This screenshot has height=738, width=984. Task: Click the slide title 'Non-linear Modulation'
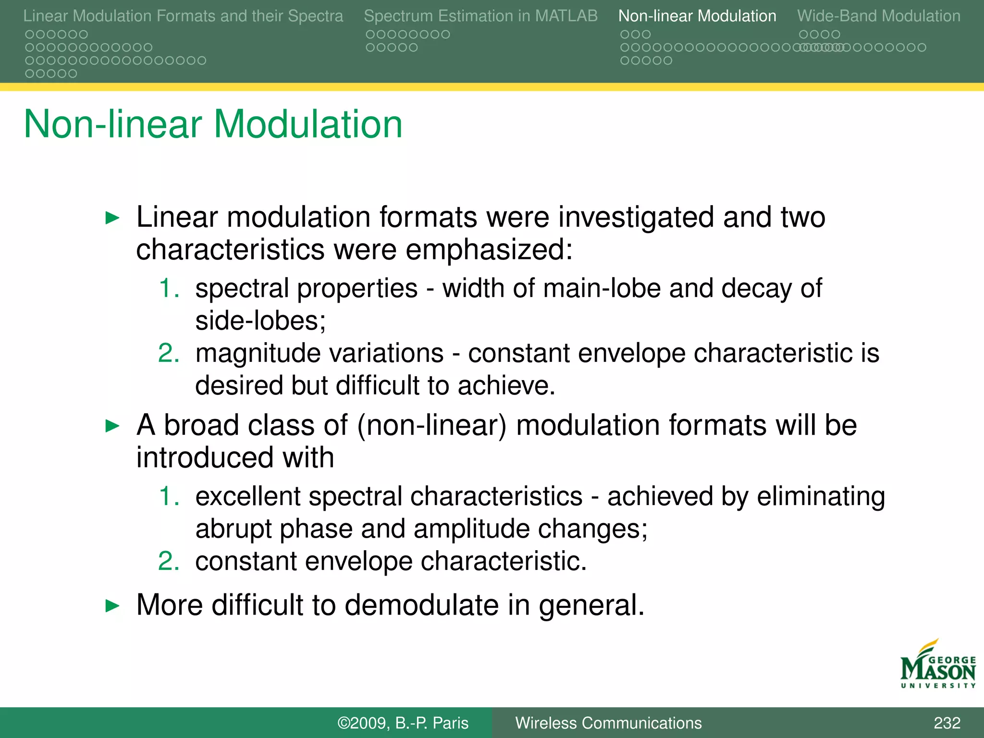pyautogui.click(x=213, y=124)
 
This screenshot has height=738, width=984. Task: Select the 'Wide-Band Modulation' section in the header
pyautogui.click(x=878, y=16)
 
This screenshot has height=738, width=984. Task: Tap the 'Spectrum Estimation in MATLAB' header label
pyautogui.click(x=480, y=16)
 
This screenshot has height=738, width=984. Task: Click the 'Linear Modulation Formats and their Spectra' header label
pyautogui.click(x=183, y=16)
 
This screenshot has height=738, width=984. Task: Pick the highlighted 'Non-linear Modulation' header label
pyautogui.click(x=697, y=16)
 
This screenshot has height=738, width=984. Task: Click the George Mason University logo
pyautogui.click(x=937, y=665)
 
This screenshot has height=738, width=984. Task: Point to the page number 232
pyautogui.click(x=947, y=723)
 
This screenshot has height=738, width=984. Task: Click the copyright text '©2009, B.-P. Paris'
pyautogui.click(x=403, y=723)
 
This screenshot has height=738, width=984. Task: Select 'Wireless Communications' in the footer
pyautogui.click(x=608, y=723)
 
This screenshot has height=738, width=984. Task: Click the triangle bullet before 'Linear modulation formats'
pyautogui.click(x=112, y=218)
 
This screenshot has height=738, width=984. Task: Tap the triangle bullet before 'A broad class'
pyautogui.click(x=112, y=426)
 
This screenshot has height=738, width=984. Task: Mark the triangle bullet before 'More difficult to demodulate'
pyautogui.click(x=112, y=605)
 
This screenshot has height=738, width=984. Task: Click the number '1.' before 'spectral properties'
pyautogui.click(x=169, y=288)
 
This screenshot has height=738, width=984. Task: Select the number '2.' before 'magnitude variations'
pyautogui.click(x=169, y=353)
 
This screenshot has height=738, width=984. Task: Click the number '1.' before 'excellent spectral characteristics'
pyautogui.click(x=169, y=496)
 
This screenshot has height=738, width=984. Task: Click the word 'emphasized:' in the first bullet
pyautogui.click(x=489, y=250)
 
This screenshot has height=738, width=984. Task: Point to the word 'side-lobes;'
pyautogui.click(x=260, y=321)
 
